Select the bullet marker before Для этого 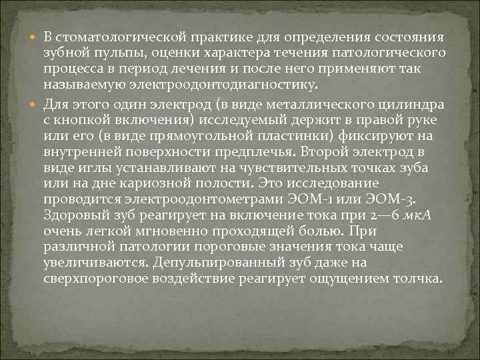pos(35,104)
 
